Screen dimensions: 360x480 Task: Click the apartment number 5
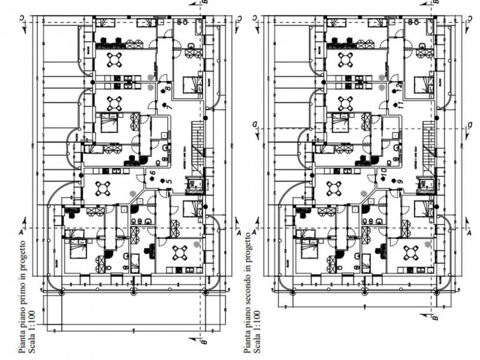(170, 181)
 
